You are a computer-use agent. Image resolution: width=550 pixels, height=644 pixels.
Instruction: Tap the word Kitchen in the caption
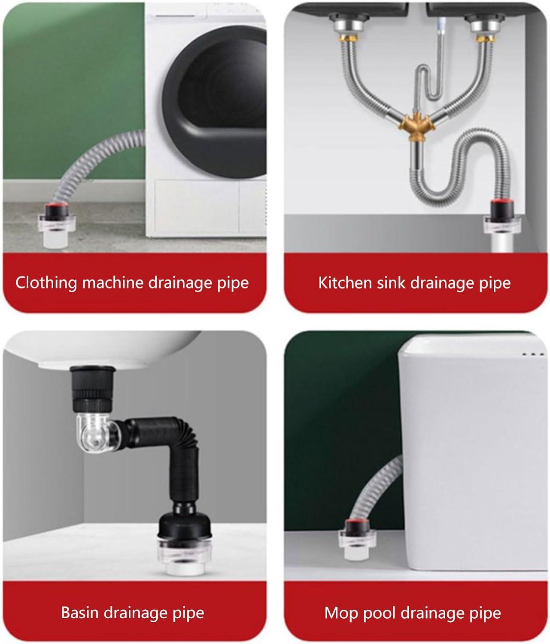tap(339, 283)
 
